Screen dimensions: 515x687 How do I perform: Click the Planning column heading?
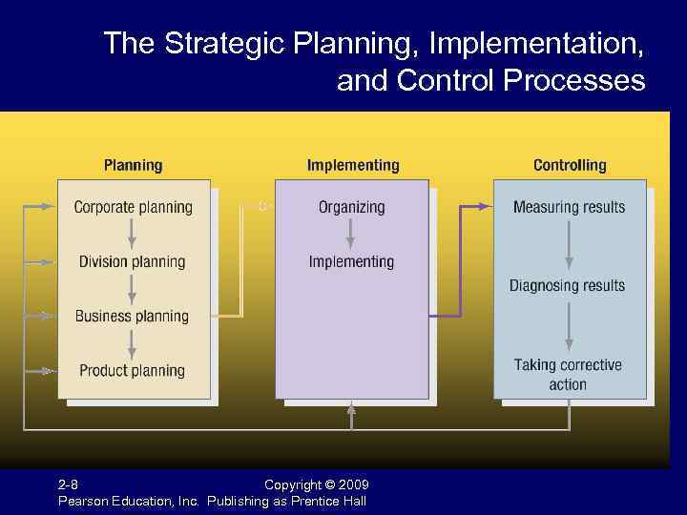pyautogui.click(x=133, y=165)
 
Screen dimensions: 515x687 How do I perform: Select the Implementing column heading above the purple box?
pyautogui.click(x=353, y=165)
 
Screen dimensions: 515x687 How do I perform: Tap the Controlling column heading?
pyautogui.click(x=570, y=165)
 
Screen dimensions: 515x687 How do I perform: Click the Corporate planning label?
pyautogui.click(x=133, y=207)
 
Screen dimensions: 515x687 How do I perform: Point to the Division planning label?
pyautogui.click(x=133, y=261)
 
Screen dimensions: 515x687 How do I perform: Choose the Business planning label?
pyautogui.click(x=133, y=316)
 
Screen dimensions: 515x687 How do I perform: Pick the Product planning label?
pyautogui.click(x=133, y=370)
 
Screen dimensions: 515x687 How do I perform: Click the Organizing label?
pyautogui.click(x=351, y=207)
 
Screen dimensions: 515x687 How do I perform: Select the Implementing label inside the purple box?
pyautogui.click(x=351, y=261)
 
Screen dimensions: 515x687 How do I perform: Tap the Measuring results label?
pyautogui.click(x=569, y=207)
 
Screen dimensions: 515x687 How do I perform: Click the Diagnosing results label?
pyautogui.click(x=567, y=285)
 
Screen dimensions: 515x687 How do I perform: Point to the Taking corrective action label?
pyautogui.click(x=568, y=374)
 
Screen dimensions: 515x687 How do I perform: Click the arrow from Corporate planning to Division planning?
pyautogui.click(x=133, y=234)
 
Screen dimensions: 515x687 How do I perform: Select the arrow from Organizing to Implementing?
pyautogui.click(x=351, y=234)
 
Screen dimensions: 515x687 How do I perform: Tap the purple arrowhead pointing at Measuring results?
pyautogui.click(x=488, y=206)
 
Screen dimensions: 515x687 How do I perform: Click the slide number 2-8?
pyautogui.click(x=69, y=485)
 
